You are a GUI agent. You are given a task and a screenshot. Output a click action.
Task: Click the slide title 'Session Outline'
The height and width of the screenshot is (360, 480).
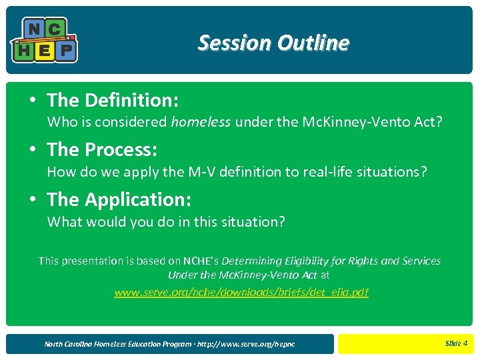[273, 43]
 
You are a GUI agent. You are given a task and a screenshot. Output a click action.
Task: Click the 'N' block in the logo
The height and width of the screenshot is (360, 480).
[33, 29]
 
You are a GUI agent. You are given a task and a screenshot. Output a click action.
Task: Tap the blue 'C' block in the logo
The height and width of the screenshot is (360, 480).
[55, 29]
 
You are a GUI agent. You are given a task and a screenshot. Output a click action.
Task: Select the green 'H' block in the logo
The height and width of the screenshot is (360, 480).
[23, 50]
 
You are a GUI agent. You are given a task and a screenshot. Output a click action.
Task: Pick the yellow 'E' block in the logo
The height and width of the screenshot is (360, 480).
[44, 51]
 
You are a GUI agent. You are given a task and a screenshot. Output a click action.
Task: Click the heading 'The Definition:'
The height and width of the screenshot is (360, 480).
[112, 100]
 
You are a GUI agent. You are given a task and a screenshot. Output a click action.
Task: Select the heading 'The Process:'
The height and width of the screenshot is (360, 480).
[101, 150]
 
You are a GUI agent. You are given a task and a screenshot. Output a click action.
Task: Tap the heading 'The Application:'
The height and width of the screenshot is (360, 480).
[119, 199]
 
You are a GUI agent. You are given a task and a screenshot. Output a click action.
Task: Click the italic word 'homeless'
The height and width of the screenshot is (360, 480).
[201, 122]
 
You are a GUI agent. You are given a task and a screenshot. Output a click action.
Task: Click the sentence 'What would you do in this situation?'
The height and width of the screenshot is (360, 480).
[166, 221]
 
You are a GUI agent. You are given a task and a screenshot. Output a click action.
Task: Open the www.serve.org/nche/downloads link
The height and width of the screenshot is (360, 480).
[241, 292]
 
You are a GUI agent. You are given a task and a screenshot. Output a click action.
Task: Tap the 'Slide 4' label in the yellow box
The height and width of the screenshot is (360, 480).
[456, 343]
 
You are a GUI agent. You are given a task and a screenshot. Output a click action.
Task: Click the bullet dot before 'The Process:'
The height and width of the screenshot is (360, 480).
[33, 150]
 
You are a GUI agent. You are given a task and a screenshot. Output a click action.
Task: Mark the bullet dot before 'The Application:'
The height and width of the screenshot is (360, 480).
[33, 199]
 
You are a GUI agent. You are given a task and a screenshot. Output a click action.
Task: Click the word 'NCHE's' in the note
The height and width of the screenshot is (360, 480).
[200, 261]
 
